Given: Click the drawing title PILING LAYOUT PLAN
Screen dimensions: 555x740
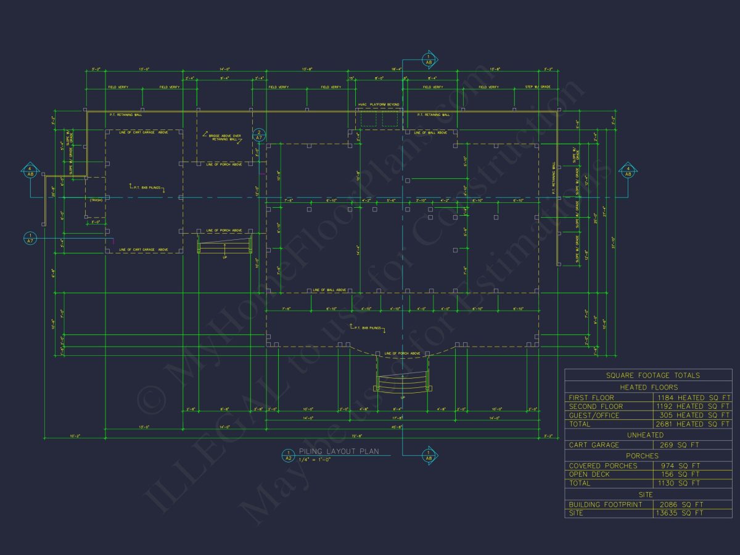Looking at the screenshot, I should (x=339, y=451).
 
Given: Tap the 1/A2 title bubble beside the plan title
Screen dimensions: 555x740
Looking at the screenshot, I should (x=287, y=456).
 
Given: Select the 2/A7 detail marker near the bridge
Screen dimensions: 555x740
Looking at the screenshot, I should (x=260, y=136).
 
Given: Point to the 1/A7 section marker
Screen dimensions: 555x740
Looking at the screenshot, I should (x=30, y=237).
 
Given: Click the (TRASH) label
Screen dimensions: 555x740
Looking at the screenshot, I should (x=96, y=200).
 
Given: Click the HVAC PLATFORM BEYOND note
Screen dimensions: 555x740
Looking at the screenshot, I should (x=378, y=105).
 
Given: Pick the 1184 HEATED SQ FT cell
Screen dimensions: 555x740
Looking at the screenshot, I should (x=693, y=398).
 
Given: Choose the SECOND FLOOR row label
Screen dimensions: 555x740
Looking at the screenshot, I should (x=596, y=406).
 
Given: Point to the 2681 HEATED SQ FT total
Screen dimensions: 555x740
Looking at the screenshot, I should (x=693, y=424).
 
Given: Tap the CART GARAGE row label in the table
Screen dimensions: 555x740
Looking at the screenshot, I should (x=594, y=445).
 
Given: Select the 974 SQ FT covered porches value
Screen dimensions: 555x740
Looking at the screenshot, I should (x=678, y=466).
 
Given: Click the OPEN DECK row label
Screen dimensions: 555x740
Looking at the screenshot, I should (x=589, y=474).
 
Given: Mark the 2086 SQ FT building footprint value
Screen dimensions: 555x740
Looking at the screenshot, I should (x=678, y=504).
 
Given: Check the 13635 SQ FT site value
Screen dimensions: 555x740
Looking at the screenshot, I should (x=678, y=513).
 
